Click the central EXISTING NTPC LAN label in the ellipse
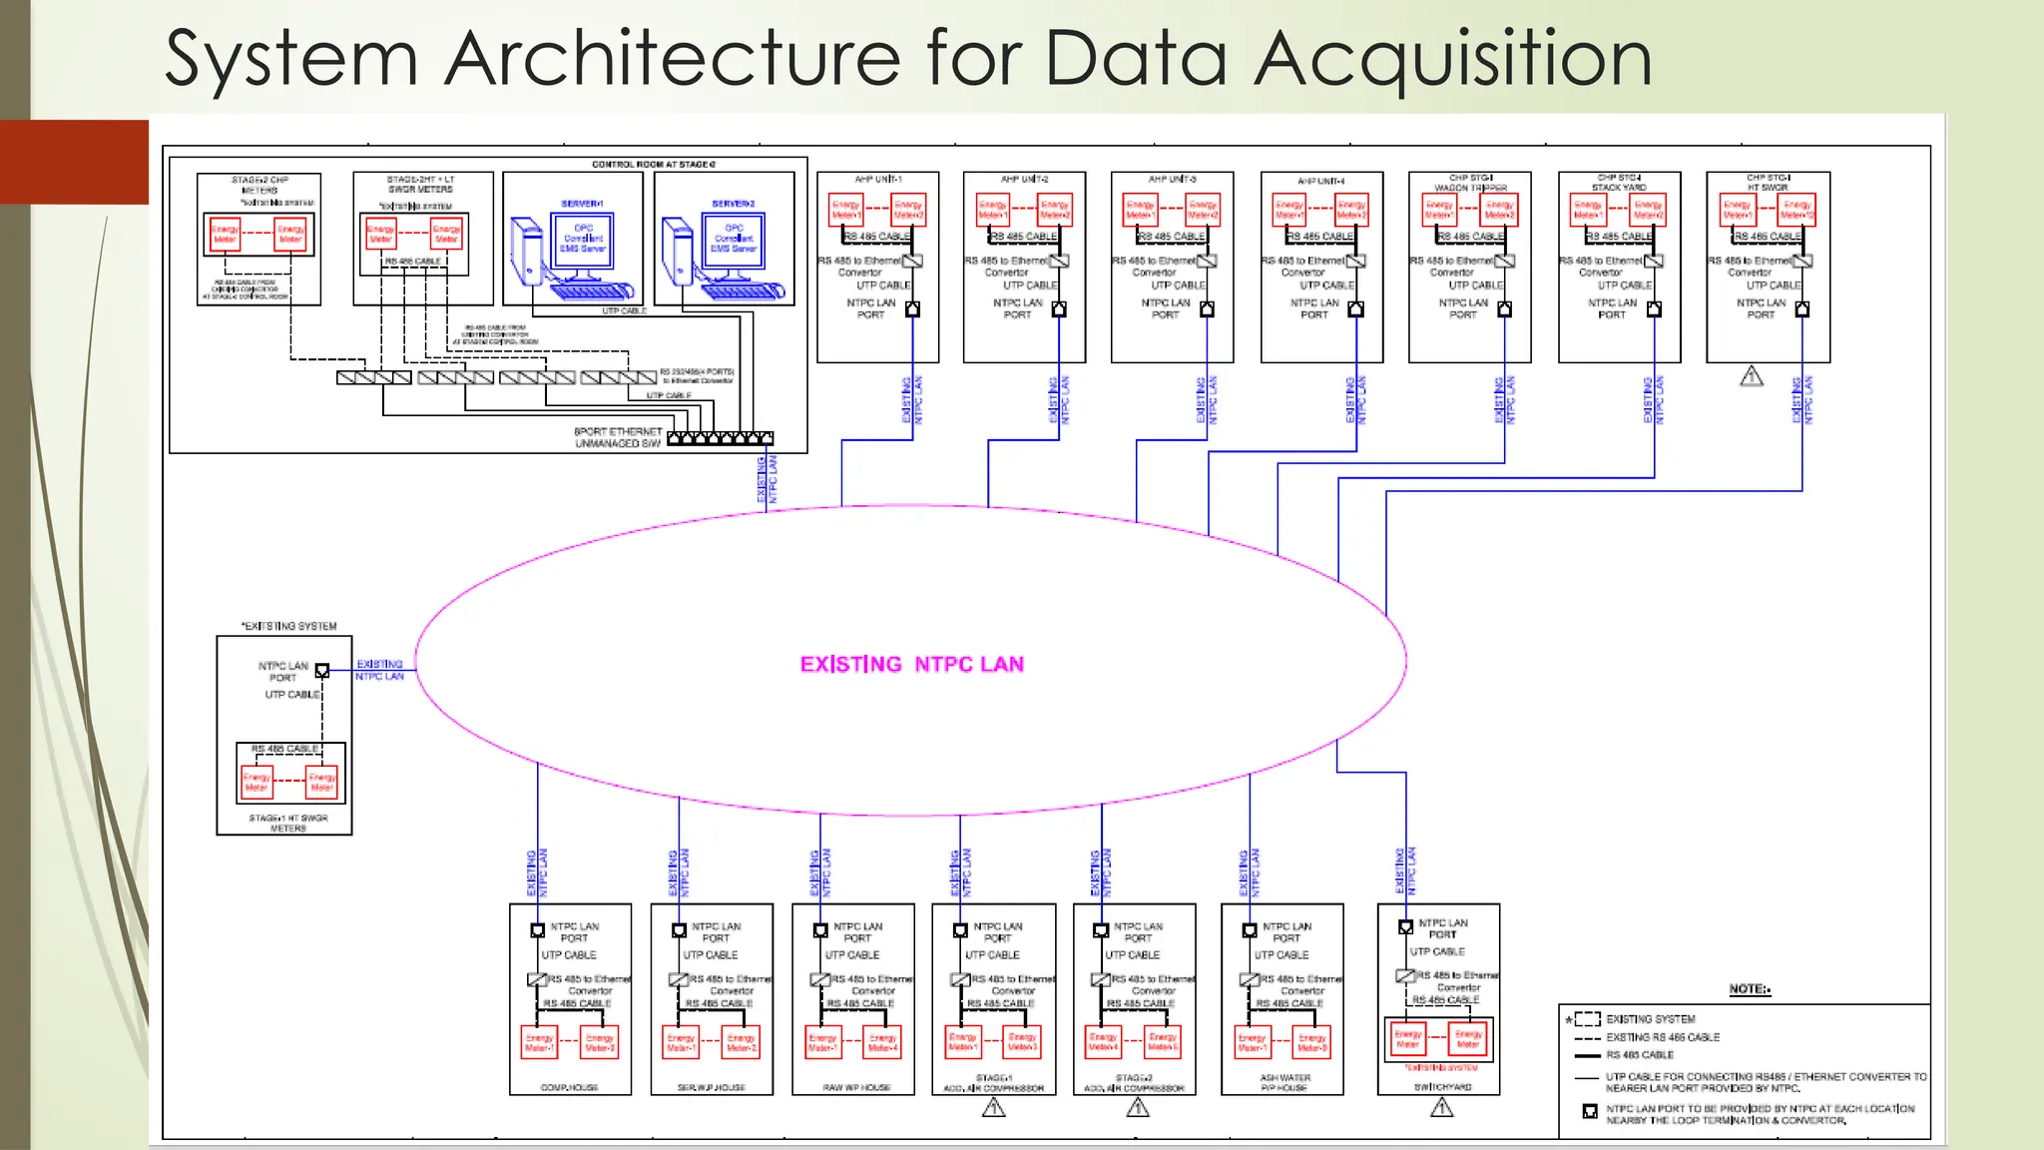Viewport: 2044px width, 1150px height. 911,665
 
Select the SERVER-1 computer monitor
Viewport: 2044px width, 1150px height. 583,242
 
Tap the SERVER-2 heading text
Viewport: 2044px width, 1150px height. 733,204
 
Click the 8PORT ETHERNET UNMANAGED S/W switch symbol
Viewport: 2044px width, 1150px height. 720,438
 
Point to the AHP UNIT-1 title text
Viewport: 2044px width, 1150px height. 877,179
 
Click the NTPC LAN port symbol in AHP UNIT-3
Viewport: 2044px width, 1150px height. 1207,309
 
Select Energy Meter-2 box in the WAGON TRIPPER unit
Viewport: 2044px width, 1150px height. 1499,210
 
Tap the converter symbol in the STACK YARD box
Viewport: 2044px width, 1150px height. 1654,261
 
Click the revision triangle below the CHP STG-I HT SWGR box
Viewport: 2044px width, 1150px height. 1752,377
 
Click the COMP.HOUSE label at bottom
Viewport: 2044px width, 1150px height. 569,1087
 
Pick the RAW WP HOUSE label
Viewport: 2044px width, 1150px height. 855,1087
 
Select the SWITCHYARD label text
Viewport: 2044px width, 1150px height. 1441,1086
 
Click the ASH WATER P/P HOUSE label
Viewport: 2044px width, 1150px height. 1284,1083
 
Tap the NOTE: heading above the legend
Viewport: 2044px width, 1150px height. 1749,989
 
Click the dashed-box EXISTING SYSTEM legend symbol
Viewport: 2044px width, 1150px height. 1587,1019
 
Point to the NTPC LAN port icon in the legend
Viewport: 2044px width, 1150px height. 1590,1111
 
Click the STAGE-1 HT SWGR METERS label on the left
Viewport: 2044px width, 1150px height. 287,823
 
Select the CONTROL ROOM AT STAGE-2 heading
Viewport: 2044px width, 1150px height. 653,164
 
